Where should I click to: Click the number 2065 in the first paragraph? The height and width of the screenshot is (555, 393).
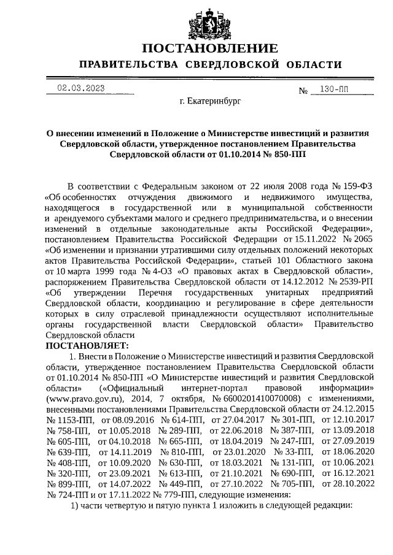click(362, 240)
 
